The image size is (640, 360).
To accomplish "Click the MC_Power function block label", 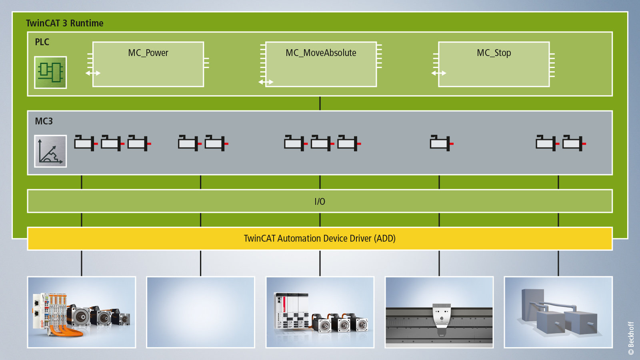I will tap(148, 53).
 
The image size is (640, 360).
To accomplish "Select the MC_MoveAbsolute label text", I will tap(321, 53).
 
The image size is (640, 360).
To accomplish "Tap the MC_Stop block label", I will tap(494, 53).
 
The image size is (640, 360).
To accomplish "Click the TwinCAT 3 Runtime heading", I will tap(65, 23).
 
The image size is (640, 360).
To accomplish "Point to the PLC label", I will tap(42, 42).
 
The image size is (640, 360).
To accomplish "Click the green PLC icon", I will tap(50, 72).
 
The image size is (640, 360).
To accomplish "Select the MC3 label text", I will tap(44, 121).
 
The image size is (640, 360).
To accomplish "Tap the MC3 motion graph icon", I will tap(50, 151).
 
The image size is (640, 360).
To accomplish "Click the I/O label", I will tap(320, 202).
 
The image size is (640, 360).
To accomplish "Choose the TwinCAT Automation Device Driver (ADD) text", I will tap(320, 238).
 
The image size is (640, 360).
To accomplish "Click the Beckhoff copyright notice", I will tap(631, 338).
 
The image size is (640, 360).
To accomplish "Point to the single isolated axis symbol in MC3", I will tap(441, 143).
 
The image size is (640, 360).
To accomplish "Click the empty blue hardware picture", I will tap(200, 312).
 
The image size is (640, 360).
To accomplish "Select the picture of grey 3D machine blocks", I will tap(558, 312).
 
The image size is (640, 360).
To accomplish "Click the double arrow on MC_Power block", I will tap(93, 73).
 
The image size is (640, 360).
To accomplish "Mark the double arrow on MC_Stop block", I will tap(438, 73).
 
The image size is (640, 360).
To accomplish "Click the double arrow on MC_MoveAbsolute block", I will tap(266, 82).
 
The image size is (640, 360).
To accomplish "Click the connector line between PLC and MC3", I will tap(320, 103).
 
